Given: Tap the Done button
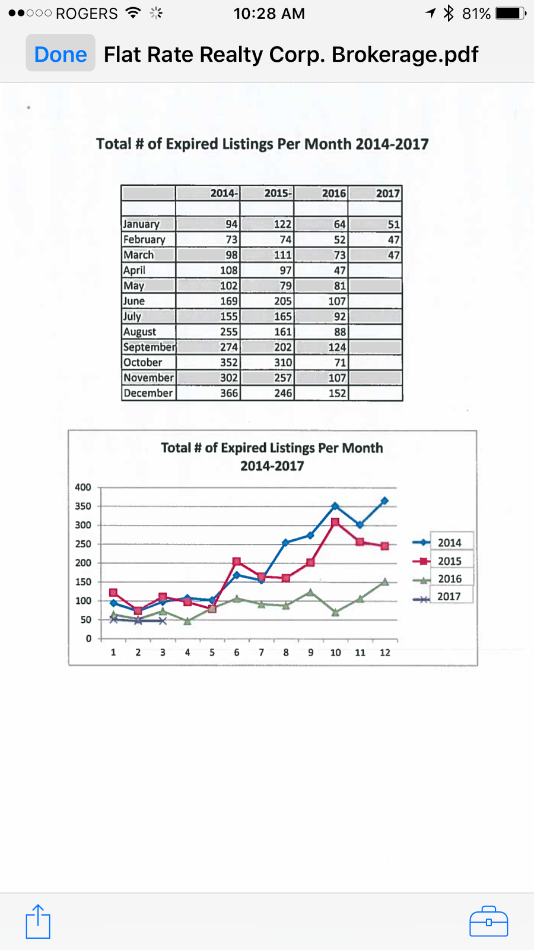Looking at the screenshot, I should tap(61, 53).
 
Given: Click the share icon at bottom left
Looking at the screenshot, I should tap(38, 921).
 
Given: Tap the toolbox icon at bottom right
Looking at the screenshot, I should tap(488, 921).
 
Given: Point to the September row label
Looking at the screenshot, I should tap(149, 347).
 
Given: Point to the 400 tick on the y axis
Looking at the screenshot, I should tap(83, 487).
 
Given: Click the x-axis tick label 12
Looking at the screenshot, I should tap(385, 653).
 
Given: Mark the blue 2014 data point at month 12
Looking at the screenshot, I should tap(384, 501).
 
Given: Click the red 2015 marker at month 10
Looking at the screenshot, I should tap(335, 522).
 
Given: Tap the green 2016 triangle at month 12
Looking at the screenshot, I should tap(384, 582).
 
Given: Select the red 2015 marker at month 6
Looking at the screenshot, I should tap(237, 562).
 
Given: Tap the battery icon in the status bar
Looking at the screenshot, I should tap(510, 13).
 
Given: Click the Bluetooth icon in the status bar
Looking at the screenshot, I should tap(449, 13).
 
